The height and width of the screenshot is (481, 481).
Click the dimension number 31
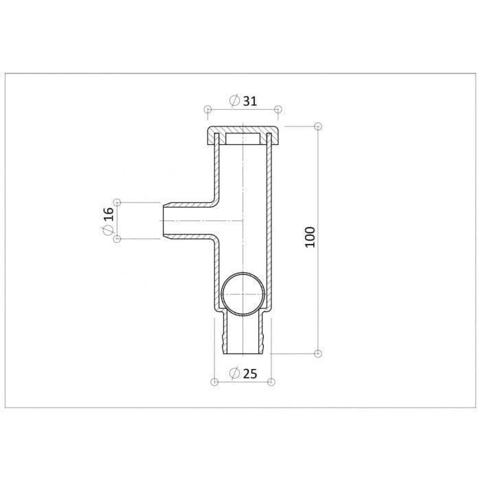point(250,101)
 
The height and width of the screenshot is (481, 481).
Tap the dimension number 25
point(250,374)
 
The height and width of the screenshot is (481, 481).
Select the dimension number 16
point(109,214)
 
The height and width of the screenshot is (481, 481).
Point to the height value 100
point(310,237)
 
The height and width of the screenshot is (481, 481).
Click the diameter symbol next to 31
point(235,101)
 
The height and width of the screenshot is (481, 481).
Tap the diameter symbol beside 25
point(235,374)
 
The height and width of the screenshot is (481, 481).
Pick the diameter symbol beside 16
point(108,230)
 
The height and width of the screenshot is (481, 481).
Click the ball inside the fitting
point(243,293)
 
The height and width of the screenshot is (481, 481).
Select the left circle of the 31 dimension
point(208,109)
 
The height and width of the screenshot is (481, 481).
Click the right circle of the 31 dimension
point(278,109)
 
